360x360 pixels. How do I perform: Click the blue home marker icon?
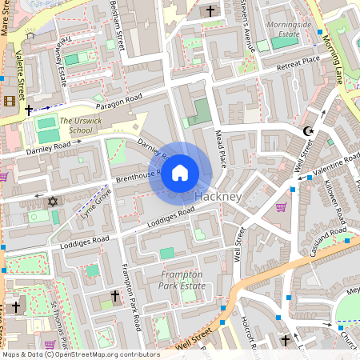[x=180, y=172]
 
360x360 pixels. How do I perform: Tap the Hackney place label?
[x=218, y=197]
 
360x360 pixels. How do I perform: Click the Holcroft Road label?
[x=246, y=332]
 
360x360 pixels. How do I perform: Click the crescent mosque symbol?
[x=308, y=130]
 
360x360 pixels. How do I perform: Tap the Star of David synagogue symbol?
[x=54, y=201]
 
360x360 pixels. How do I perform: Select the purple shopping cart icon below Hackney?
[x=281, y=207]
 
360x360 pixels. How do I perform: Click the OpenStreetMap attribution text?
[x=80, y=354]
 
